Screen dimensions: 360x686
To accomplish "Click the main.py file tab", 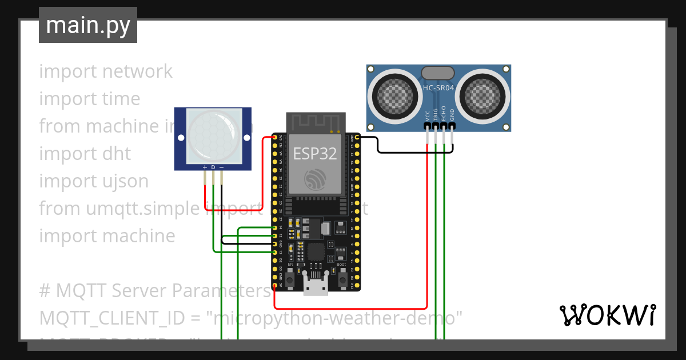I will tap(87, 26).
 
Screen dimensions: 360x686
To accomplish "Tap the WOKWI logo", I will tap(607, 315).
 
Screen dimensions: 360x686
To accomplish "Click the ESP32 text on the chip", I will tap(315, 153).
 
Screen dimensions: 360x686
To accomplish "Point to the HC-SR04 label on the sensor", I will tap(438, 87).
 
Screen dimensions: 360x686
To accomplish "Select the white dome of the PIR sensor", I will tap(212, 135).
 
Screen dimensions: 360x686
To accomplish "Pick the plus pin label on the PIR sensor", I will tap(205, 167).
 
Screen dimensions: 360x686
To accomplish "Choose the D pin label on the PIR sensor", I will tap(213, 167).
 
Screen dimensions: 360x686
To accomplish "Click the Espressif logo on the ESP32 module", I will tap(316, 179).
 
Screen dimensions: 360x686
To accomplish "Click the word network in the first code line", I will tap(137, 71).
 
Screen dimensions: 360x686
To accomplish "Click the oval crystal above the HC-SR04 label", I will tap(438, 73).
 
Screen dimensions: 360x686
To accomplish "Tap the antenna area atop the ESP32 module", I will tap(316, 122).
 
